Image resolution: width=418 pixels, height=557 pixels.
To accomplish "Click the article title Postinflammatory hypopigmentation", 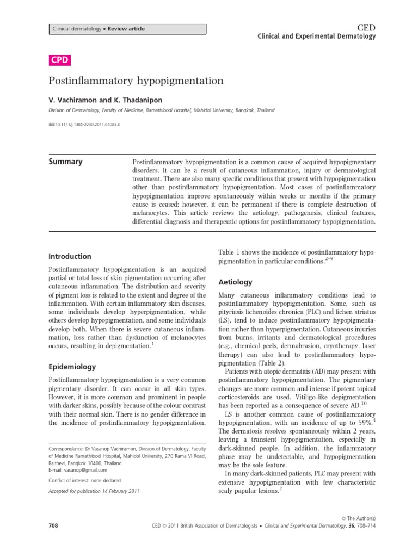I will click(136, 81).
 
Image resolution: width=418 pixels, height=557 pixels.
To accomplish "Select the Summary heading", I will click(66, 162).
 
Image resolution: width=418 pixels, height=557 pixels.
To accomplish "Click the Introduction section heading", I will click(70, 256).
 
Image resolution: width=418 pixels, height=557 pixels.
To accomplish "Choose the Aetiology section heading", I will click(235, 282).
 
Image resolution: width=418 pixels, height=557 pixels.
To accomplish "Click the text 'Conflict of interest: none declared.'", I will click(85, 481).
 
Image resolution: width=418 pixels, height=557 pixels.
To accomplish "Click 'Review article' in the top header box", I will click(126, 29).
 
